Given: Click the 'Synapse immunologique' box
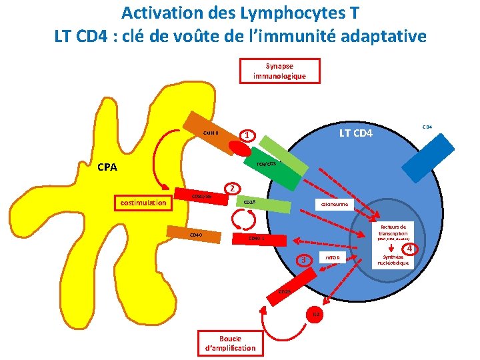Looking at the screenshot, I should pos(279,71).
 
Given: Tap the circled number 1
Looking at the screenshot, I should pos(247,135).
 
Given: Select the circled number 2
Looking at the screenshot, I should pos(231,188).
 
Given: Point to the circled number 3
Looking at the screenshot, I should pos(304,259).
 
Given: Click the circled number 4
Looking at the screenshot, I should pos(411,249).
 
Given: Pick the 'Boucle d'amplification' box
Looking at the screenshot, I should pos(229,343).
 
